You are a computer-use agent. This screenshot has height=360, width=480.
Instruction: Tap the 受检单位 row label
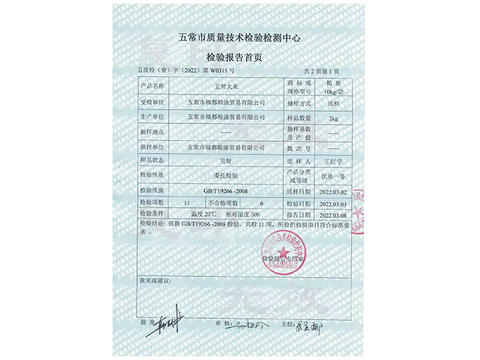click(152, 102)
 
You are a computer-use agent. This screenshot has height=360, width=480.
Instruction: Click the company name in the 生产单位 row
click(226, 117)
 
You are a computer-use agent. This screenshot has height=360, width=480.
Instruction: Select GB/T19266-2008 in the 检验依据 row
click(227, 190)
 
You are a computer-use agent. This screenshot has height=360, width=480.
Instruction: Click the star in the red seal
click(283, 248)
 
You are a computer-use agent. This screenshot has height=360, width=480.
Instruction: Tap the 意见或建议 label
click(157, 280)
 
